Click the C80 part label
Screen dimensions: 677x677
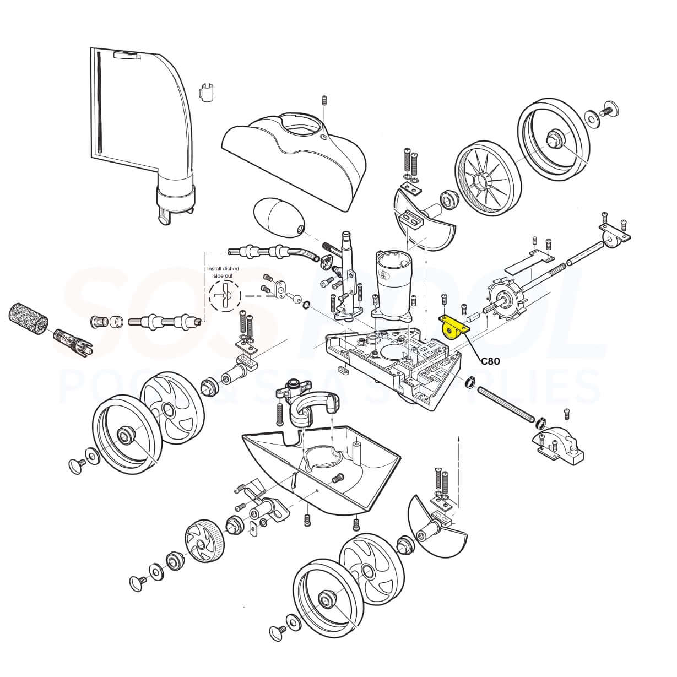(x=490, y=361)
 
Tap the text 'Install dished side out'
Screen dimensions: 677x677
(x=223, y=272)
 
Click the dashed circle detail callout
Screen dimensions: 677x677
(x=225, y=296)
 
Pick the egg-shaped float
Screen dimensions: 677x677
(x=278, y=216)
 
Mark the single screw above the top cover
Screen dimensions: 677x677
(x=324, y=100)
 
